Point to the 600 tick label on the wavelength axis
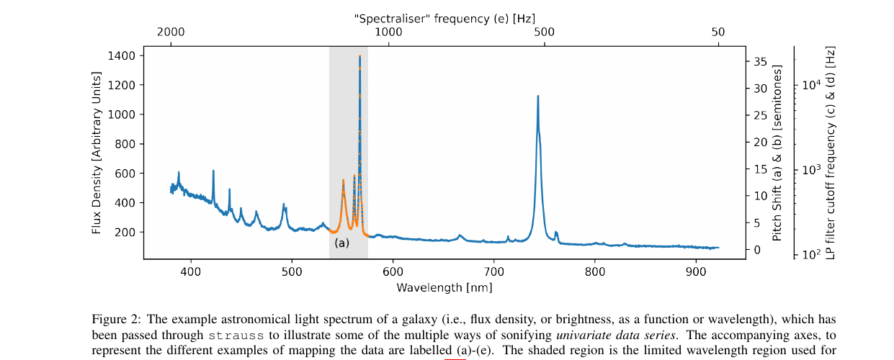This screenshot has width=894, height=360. (x=392, y=272)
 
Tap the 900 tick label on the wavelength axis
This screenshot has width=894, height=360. (x=695, y=272)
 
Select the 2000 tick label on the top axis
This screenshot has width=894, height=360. (x=171, y=32)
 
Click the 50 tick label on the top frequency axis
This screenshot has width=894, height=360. (x=718, y=32)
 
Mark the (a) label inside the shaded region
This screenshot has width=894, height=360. (x=341, y=243)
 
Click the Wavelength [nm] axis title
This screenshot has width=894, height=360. (x=444, y=288)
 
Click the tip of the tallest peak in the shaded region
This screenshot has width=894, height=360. (x=359, y=56)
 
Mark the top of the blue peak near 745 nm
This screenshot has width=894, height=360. (x=537, y=96)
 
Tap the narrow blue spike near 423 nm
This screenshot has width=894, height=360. (x=213, y=171)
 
